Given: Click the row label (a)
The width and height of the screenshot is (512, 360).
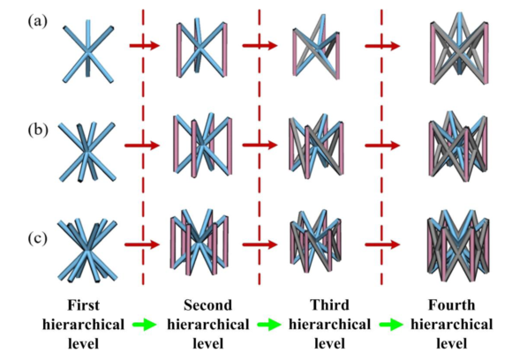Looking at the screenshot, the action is tap(38, 21).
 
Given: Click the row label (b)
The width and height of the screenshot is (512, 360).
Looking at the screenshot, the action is tap(38, 130).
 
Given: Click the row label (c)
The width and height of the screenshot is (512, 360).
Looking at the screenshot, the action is tap(38, 238).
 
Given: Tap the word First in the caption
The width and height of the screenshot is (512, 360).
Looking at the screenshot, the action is tap(84, 305).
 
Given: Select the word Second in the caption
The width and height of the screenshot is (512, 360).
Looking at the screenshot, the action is tap(207, 305).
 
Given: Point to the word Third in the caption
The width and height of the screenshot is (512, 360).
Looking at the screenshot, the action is tap(329, 305).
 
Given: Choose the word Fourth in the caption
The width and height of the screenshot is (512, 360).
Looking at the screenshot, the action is tap(452, 305).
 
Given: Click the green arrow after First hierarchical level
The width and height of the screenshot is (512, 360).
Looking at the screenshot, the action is tap(144, 325).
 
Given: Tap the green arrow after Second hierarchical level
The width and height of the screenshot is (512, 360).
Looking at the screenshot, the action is tap(269, 325).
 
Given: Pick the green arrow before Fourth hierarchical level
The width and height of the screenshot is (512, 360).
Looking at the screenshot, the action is tap(391, 325).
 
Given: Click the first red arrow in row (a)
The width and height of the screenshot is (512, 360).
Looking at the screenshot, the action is tap(145, 46).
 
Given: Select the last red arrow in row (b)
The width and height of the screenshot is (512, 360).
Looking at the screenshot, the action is tap(382, 146).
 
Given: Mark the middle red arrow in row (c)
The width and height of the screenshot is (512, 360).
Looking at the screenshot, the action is tap(260, 244).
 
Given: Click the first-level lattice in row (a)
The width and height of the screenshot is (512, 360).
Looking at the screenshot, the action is tap(88, 51).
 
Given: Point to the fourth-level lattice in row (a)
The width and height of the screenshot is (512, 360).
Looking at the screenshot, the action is tap(460, 49).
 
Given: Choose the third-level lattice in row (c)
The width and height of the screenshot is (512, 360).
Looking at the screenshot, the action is tap(316, 241).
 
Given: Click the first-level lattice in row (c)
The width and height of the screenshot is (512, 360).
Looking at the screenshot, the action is tap(87, 251).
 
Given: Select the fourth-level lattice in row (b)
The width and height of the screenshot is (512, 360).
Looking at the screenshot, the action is tap(459, 146).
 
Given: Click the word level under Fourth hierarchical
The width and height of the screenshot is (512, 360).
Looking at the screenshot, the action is tap(452, 344).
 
